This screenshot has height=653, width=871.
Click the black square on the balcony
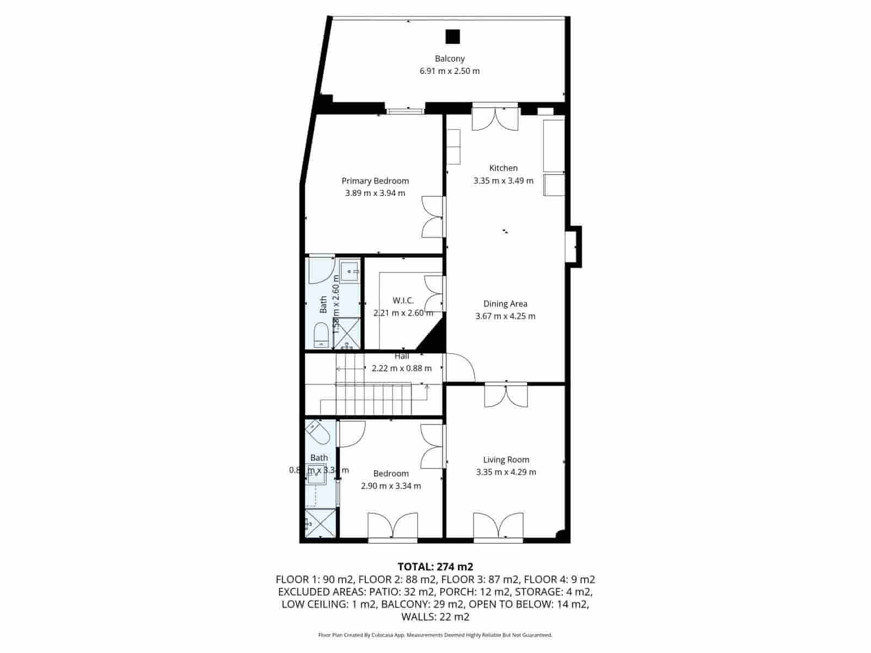tap(452, 36)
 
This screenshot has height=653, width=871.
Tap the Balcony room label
tap(450, 59)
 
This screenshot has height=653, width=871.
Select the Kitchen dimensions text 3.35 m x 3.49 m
tap(504, 181)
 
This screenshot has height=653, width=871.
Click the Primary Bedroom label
tap(375, 181)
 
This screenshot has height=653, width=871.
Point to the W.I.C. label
tap(403, 300)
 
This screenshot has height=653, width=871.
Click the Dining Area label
tap(505, 304)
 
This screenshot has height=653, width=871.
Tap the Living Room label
tap(506, 460)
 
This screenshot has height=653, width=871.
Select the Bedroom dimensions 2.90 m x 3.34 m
tap(391, 486)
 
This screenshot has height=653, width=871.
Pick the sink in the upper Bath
tap(349, 270)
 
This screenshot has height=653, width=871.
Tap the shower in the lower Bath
tap(321, 523)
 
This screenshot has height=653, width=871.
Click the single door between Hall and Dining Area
tap(461, 368)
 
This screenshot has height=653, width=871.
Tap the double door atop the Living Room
tap(506, 396)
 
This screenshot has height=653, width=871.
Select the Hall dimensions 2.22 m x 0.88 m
tap(402, 368)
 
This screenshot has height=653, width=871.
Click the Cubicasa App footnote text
tap(435, 635)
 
